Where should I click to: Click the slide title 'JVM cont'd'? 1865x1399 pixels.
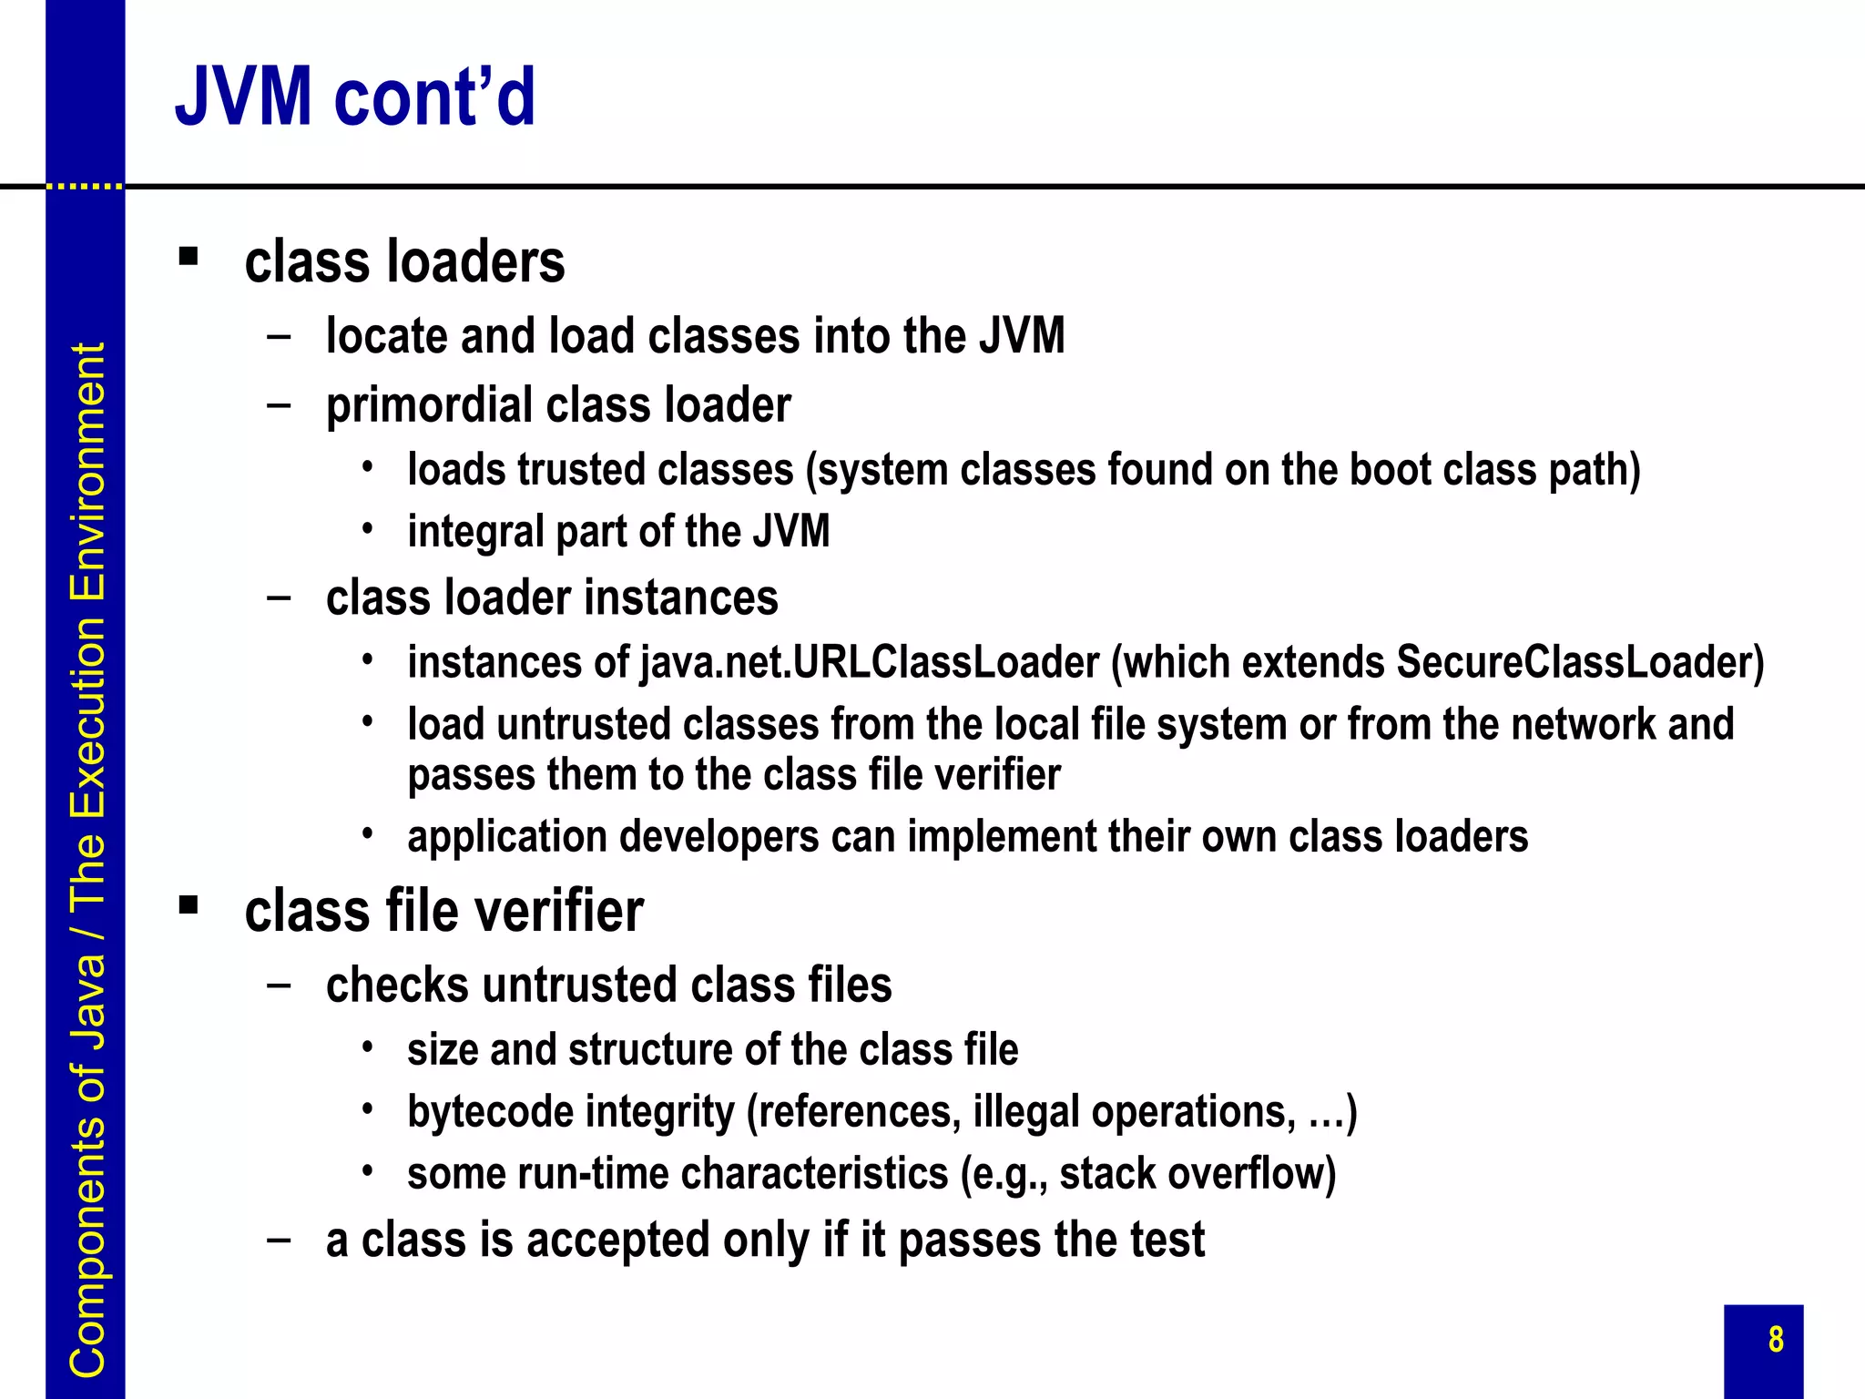[x=355, y=97]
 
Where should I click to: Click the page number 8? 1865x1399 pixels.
[x=1776, y=1340]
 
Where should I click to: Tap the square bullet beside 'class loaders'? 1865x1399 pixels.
[x=189, y=257]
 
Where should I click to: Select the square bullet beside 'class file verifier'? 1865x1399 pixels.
[x=189, y=905]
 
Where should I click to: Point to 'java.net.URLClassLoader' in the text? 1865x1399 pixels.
[x=870, y=662]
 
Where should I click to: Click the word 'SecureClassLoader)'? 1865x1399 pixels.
[x=1580, y=662]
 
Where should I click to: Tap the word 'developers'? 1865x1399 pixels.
[x=718, y=837]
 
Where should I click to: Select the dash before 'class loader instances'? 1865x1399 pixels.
[x=279, y=598]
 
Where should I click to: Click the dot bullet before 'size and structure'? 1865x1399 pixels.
[x=367, y=1047]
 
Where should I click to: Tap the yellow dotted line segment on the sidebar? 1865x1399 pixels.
[x=85, y=186]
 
